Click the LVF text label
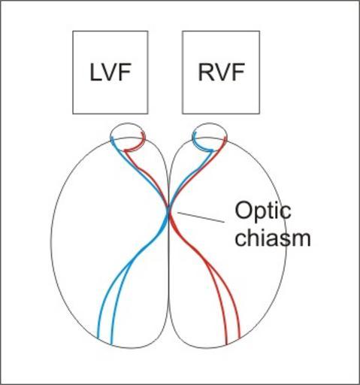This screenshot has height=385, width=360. [x=110, y=72]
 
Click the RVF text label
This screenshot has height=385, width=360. [x=221, y=72]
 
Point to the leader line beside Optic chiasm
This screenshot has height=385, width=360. [x=201, y=217]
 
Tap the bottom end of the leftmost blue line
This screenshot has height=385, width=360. [x=98, y=338]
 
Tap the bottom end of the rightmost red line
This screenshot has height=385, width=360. [x=240, y=338]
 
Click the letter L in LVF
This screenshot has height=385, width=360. [x=95, y=72]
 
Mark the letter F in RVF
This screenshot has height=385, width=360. [x=239, y=72]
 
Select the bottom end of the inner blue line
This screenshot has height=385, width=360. [x=112, y=344]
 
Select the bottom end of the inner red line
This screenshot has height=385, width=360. [x=226, y=344]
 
